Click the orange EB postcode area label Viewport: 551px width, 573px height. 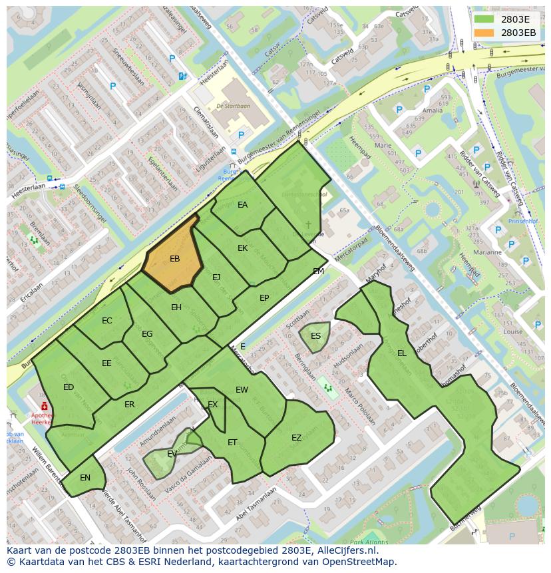click(174, 259)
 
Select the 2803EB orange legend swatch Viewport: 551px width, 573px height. click(484, 33)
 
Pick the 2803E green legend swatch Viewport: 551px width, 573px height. click(484, 19)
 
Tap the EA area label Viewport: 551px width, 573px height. click(242, 205)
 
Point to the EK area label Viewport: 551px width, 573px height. click(242, 248)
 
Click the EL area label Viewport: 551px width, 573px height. click(401, 353)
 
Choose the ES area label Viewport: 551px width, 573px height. click(315, 335)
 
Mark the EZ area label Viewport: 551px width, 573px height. click(296, 438)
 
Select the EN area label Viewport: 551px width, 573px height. click(85, 478)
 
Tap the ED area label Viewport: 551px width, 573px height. click(69, 387)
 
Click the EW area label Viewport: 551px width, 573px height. click(242, 390)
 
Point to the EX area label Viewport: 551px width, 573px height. click(212, 405)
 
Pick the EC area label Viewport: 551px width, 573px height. click(107, 321)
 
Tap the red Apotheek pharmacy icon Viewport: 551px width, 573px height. click(44, 406)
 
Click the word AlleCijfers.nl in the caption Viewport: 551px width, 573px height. click(346, 551)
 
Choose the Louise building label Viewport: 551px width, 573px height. click(513, 331)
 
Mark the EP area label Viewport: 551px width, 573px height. click(264, 298)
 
